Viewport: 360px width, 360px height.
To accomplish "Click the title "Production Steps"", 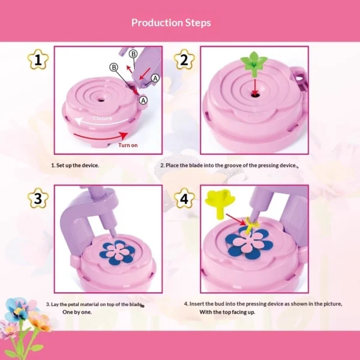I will (171, 23).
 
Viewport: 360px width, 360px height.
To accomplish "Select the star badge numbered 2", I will (184, 60).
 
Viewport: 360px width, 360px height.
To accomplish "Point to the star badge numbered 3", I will (38, 199).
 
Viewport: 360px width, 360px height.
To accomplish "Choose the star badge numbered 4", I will (184, 199).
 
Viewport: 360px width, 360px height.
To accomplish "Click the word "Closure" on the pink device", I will (102, 118).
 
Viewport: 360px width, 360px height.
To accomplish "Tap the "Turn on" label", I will (128, 145).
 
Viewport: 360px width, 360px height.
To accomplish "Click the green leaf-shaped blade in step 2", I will (254, 61).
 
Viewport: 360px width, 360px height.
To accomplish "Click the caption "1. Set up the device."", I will (75, 165).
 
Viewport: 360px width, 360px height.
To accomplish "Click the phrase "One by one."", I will (78, 313).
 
